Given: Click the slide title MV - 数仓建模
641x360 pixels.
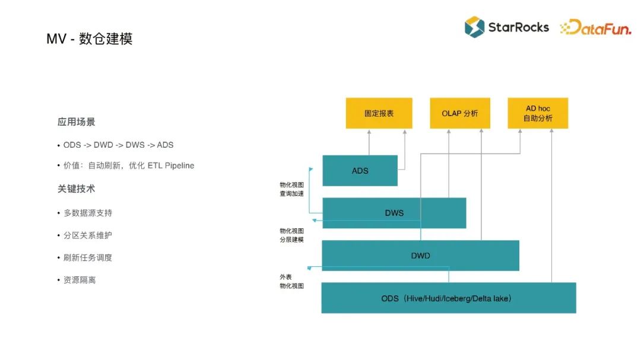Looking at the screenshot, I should (x=90, y=39).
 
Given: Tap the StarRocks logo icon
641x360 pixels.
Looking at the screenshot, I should (x=474, y=27).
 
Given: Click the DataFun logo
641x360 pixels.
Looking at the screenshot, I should (x=595, y=27).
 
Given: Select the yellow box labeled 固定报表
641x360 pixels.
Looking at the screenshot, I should (x=379, y=113).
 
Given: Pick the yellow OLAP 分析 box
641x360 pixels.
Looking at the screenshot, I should (x=459, y=113).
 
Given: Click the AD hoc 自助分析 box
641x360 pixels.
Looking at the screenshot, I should (x=538, y=113).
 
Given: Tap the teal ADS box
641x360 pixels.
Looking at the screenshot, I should (x=360, y=170).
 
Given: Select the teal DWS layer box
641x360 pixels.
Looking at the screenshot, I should (x=394, y=213).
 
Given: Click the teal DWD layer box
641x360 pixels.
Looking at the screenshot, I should (x=420, y=256).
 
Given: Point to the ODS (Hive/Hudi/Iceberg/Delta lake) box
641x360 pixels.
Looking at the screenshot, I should (x=448, y=298).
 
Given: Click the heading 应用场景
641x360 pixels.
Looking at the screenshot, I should (x=77, y=122).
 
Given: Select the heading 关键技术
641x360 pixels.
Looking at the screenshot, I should (x=77, y=189).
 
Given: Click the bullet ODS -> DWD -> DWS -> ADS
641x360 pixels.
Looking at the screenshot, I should (x=118, y=145).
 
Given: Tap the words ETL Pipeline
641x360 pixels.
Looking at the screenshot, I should (x=171, y=165).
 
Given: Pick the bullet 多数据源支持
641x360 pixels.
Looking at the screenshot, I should (x=88, y=212).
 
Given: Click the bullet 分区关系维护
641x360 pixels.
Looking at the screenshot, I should (x=88, y=235).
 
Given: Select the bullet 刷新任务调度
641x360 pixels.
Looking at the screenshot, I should (x=88, y=257).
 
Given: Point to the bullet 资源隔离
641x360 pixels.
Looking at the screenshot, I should (x=80, y=280).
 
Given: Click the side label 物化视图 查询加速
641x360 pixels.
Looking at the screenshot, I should (x=291, y=189).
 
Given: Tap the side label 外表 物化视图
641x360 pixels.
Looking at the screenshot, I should (x=291, y=281).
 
